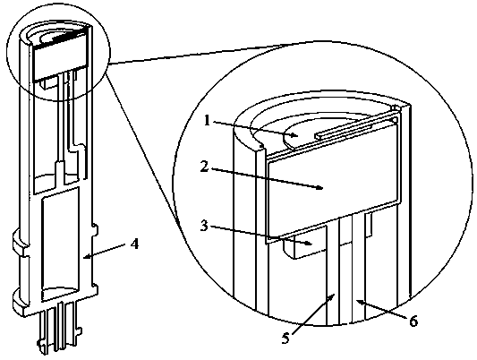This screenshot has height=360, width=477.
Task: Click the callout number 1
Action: (x=207, y=121)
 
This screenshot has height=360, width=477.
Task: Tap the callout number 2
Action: (x=204, y=167)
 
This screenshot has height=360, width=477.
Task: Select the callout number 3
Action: (x=204, y=226)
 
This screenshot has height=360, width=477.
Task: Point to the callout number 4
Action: (x=134, y=244)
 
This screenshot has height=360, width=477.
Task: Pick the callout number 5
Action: (x=285, y=339)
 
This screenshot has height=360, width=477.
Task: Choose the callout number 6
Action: (x=413, y=321)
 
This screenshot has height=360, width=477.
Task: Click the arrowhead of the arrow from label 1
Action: (x=295, y=135)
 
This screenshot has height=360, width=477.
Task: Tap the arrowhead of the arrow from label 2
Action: (x=319, y=188)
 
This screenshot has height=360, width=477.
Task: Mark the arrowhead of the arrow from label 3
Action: (x=309, y=244)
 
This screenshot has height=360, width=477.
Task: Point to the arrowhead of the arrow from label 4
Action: (x=86, y=257)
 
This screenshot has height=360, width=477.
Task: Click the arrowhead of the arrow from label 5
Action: (x=332, y=296)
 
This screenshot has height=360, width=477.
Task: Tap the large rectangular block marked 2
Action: (x=334, y=184)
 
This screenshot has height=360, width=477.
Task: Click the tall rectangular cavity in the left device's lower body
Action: (x=61, y=244)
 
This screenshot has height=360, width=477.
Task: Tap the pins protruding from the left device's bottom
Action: (x=59, y=331)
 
